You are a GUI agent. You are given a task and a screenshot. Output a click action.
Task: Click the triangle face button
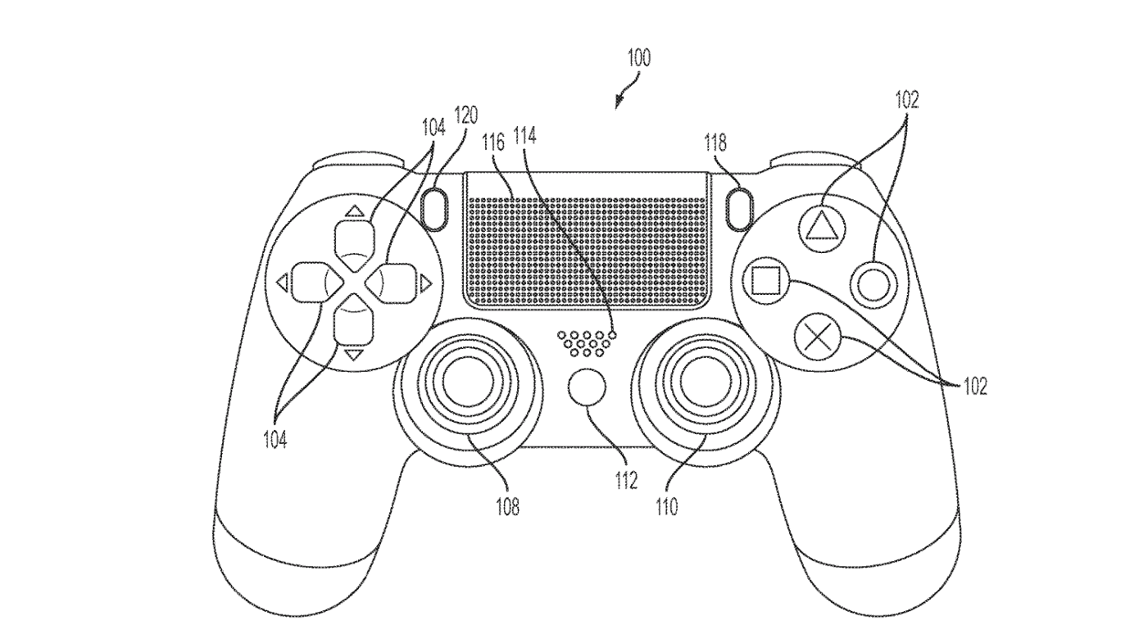[x=818, y=223]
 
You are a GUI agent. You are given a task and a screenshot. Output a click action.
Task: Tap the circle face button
[x=873, y=285]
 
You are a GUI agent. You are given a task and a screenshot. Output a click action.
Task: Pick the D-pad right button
[x=393, y=283]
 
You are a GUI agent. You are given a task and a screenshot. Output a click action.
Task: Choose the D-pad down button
[x=353, y=323]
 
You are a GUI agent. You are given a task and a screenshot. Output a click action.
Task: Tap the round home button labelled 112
[x=588, y=387]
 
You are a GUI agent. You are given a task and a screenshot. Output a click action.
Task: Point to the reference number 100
[x=639, y=58]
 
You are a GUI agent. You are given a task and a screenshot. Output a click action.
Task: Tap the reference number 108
[x=506, y=508]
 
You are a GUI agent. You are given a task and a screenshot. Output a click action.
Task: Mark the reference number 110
[x=666, y=508]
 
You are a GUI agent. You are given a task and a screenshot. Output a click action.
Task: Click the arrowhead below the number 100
[x=619, y=103]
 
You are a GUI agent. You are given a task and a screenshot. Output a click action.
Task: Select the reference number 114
[x=525, y=136]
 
